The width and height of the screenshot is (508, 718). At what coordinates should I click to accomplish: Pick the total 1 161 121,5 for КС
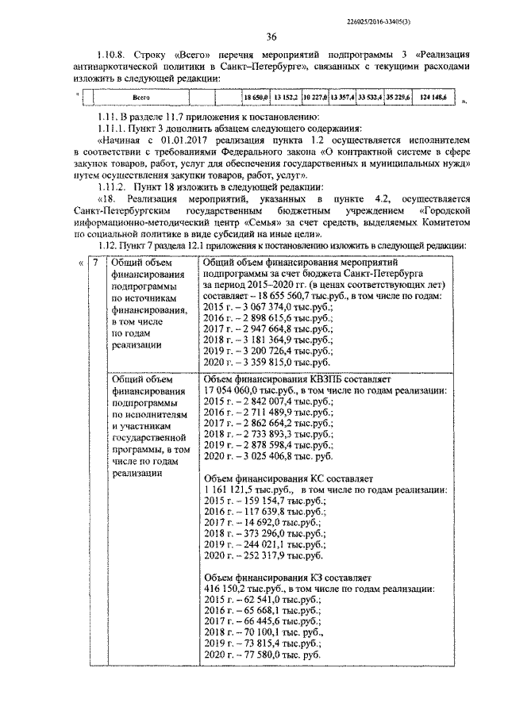[238, 490]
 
